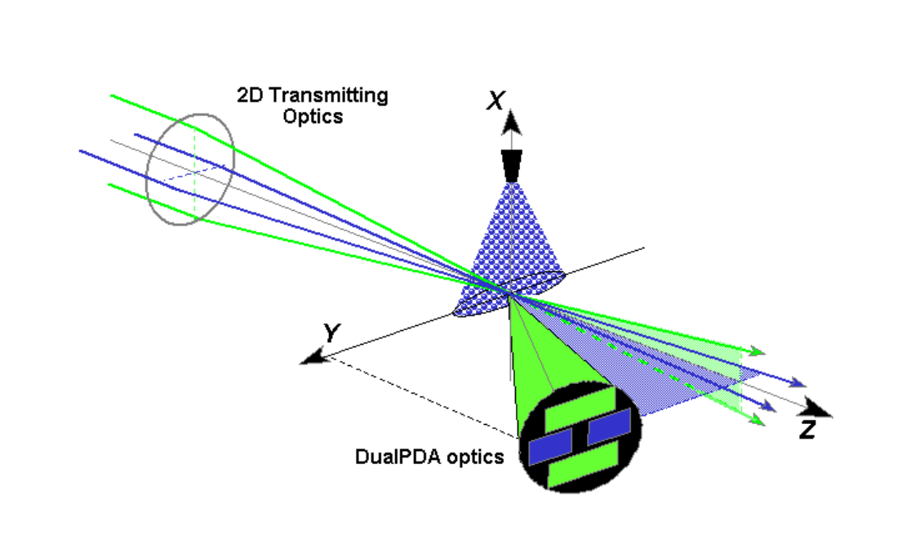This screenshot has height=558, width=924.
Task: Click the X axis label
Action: click(x=495, y=101)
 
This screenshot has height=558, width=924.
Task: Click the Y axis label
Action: click(x=331, y=333)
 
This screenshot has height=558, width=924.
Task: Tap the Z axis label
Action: click(x=806, y=430)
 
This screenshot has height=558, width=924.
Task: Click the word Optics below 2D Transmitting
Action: click(x=313, y=116)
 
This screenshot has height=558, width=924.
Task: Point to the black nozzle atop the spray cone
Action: click(x=512, y=165)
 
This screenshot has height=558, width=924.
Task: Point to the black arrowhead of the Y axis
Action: click(x=313, y=358)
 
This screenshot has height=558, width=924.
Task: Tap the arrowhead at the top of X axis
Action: click(x=512, y=123)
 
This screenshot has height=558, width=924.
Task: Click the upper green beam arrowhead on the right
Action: click(x=758, y=351)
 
